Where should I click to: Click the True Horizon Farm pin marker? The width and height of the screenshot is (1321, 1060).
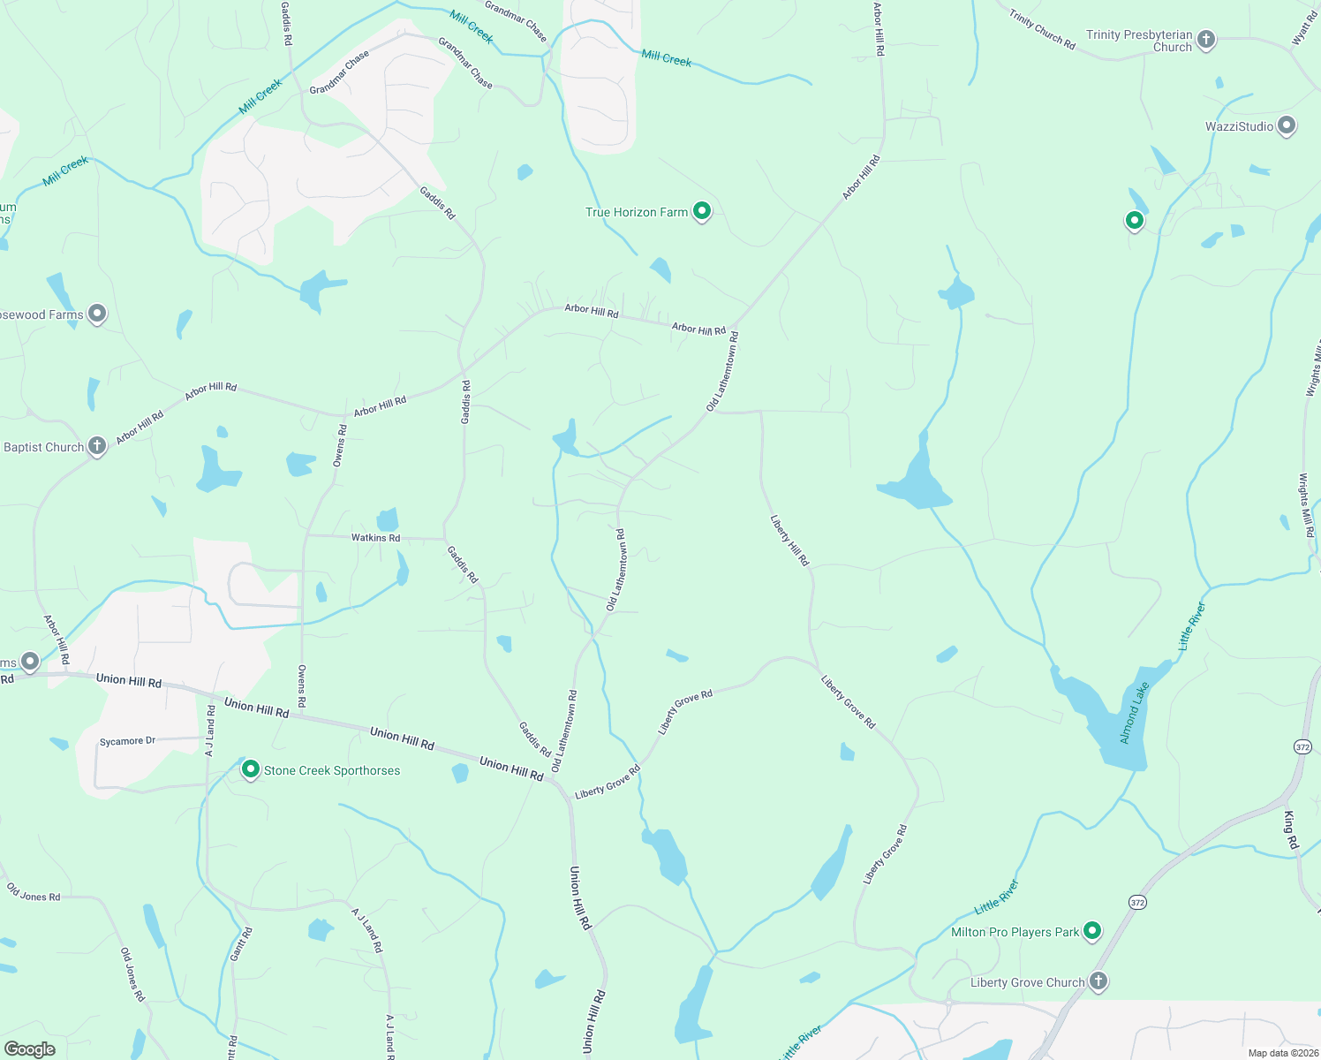click(702, 211)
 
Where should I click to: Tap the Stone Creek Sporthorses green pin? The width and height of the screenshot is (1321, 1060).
click(251, 769)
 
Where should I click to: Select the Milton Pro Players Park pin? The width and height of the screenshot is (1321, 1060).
click(1092, 930)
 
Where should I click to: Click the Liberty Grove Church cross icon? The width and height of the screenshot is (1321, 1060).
click(1098, 981)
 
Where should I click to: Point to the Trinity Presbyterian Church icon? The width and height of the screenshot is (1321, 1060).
click(1206, 40)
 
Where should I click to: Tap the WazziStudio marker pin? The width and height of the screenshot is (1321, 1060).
click(1287, 125)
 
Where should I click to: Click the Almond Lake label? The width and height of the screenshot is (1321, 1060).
click(1135, 712)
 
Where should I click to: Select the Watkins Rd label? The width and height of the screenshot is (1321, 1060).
click(375, 538)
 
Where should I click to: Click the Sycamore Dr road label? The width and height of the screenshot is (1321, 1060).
click(127, 741)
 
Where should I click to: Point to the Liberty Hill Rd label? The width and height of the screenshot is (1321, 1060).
click(789, 540)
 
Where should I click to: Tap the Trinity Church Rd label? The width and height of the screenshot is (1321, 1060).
click(1042, 29)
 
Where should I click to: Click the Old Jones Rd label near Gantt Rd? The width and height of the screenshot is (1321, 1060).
click(34, 892)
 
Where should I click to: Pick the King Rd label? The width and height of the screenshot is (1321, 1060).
click(1291, 830)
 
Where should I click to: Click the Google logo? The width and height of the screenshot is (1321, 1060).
click(30, 1049)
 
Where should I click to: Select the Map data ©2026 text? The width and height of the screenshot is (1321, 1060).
click(1283, 1053)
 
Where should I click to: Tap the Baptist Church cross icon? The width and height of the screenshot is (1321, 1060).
click(97, 446)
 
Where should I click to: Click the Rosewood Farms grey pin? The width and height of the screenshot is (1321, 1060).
click(97, 314)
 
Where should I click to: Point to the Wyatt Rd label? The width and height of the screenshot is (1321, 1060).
click(1304, 28)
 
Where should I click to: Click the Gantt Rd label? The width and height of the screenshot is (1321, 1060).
click(241, 944)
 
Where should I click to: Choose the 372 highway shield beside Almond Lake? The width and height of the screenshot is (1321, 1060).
click(1302, 746)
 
